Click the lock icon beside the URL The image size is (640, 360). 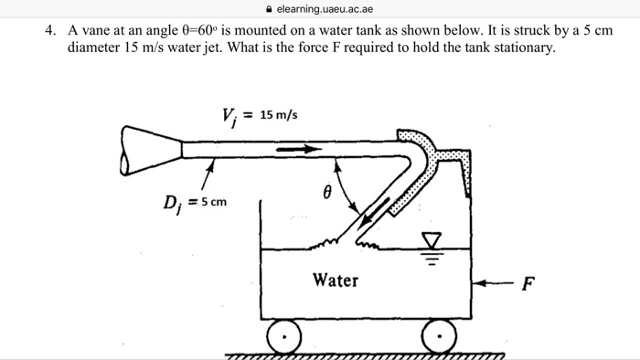tap(269, 9)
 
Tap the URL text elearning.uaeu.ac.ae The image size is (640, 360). tap(325, 9)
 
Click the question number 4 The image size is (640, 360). tap(50, 30)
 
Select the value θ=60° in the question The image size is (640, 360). tap(197, 30)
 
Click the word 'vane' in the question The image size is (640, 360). tap(94, 30)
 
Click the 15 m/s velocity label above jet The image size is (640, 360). tap(279, 115)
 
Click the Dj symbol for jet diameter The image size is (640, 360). tap(172, 204)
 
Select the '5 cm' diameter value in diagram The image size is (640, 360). tap(213, 202)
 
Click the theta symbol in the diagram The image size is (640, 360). tap(327, 192)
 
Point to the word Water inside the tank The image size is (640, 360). tap(336, 281)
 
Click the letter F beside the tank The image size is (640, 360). tap(528, 283)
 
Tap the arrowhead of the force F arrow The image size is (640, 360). tap(478, 283)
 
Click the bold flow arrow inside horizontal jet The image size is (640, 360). tap(299, 149)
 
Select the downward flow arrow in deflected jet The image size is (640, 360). tap(374, 211)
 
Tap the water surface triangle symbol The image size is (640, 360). tap(432, 239)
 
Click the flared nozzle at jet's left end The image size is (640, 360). tap(151, 151)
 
